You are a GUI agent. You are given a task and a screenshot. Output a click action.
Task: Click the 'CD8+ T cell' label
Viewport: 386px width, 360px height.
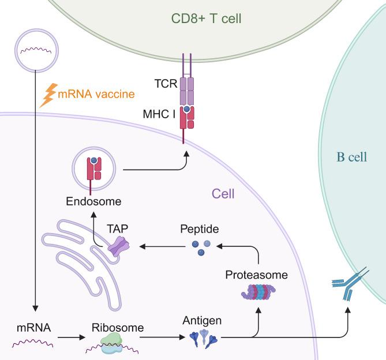tap(206, 19)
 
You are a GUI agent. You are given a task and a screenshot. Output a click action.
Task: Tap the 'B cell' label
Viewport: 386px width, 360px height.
tap(352, 157)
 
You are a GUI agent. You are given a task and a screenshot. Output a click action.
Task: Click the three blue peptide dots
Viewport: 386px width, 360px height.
tap(198, 247)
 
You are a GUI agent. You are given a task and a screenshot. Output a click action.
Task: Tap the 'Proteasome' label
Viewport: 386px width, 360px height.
tap(257, 275)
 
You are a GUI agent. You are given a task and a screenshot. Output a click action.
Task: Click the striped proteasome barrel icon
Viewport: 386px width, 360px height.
tap(257, 295)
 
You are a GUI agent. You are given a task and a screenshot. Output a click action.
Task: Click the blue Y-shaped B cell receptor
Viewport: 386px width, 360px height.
tap(347, 287)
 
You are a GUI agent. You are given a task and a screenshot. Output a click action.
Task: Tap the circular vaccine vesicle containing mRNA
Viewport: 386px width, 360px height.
tap(37, 48)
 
